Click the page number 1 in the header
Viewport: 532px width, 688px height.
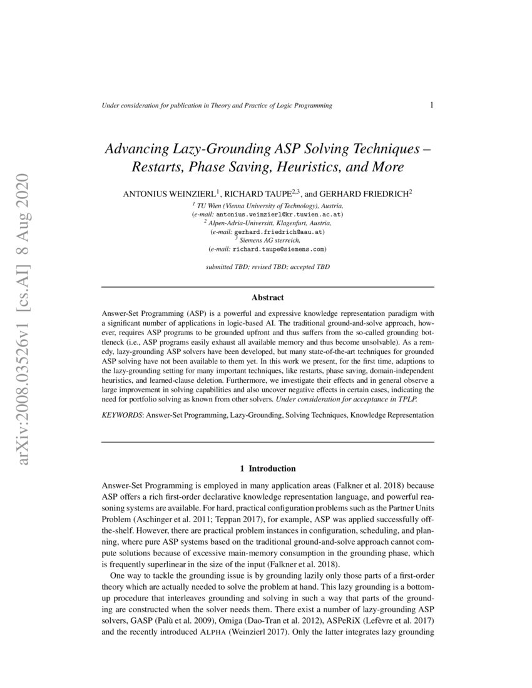pos(432,105)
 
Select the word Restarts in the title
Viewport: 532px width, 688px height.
pos(156,168)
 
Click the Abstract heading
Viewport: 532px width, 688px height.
pos(267,298)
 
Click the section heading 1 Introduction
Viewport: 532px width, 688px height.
pos(267,468)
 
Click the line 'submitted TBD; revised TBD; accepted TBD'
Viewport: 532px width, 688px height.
pos(267,266)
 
